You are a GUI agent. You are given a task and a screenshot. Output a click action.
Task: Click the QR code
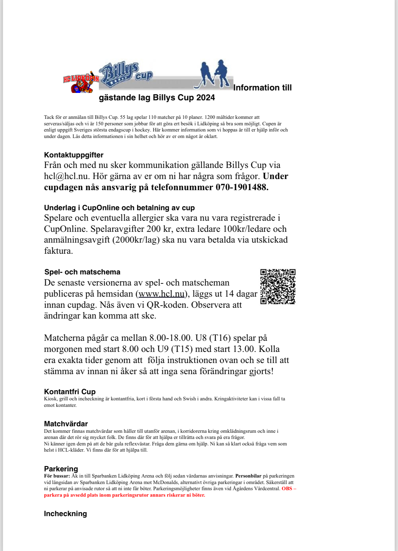pyautogui.click(x=278, y=286)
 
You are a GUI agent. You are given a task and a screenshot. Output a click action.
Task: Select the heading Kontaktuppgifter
pyautogui.click(x=74, y=155)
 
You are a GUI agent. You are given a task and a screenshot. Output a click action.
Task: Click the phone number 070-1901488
pyautogui.click(x=242, y=187)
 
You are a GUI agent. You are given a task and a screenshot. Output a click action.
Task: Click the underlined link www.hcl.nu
pyautogui.click(x=162, y=294)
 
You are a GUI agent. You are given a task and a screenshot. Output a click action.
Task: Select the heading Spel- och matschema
pyautogui.click(x=82, y=272)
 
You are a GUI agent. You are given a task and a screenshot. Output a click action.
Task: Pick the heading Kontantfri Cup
pyautogui.click(x=70, y=392)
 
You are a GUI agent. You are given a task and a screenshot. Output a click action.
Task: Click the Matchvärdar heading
pyautogui.click(x=66, y=424)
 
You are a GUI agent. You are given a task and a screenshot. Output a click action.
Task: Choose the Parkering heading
pyautogui.click(x=61, y=469)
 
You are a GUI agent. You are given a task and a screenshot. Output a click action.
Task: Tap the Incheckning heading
pyautogui.click(x=65, y=514)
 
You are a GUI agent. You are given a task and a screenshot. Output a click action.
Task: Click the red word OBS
pyautogui.click(x=287, y=489)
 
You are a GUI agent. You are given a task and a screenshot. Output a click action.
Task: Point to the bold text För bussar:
pyautogui.click(x=57, y=476)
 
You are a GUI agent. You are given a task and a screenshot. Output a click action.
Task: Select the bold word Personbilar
pyautogui.click(x=248, y=476)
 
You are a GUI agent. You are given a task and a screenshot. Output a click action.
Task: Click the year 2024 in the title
pyautogui.click(x=205, y=98)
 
